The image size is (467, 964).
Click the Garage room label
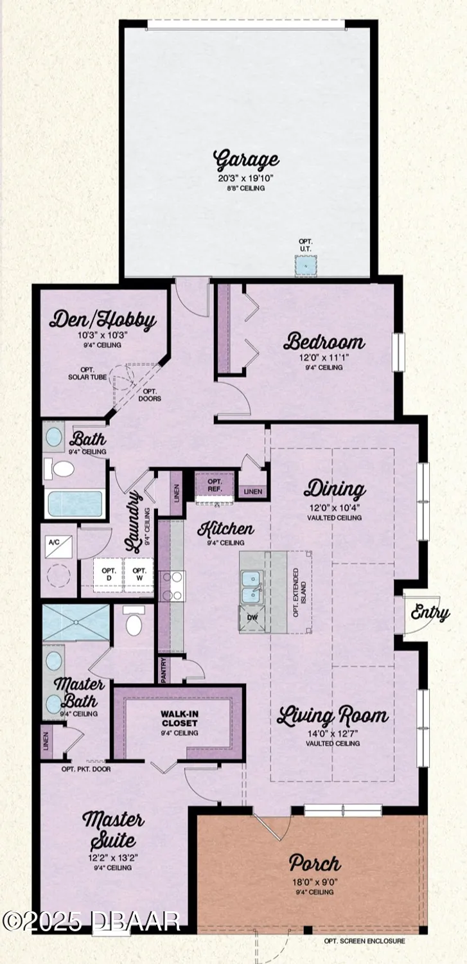pos(247,159)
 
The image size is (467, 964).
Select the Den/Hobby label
pos(103,321)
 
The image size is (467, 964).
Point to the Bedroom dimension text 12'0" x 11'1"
pos(324,357)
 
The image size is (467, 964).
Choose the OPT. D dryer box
pos(110,574)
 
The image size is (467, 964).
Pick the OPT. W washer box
pos(139,574)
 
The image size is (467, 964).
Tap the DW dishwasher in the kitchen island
pos(252,618)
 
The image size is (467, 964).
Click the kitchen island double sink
pos(252,585)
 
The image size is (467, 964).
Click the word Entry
pos(430,613)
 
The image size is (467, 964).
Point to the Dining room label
pos(334,490)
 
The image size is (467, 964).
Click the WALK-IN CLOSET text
pos(179,718)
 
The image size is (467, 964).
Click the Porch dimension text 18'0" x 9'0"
pos(314,882)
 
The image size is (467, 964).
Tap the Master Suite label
pos(113,829)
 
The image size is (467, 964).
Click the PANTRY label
pos(163,669)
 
